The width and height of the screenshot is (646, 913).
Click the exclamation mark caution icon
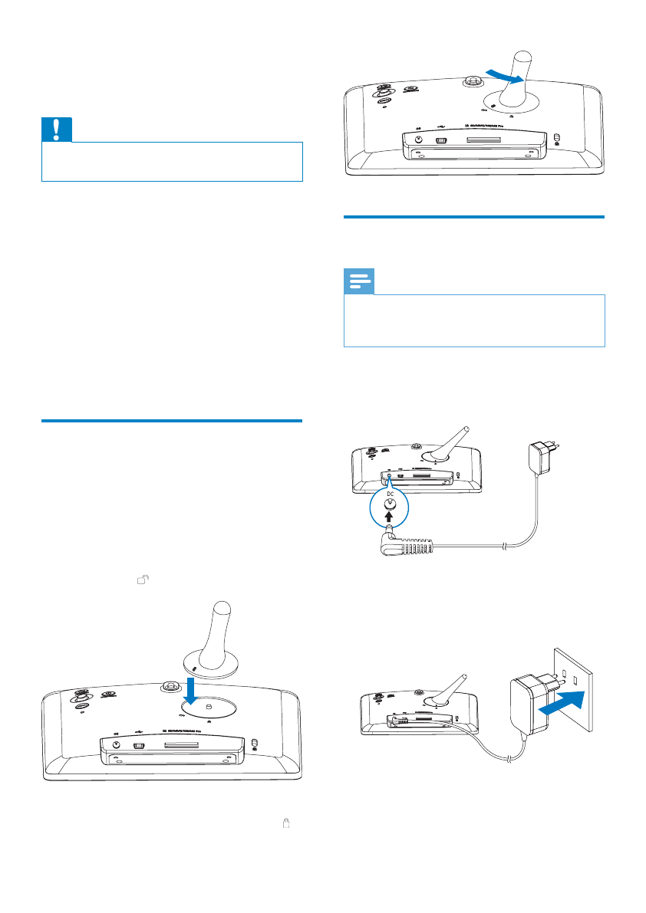click(57, 130)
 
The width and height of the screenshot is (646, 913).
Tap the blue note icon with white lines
click(359, 283)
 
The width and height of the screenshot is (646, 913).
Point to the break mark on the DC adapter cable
click(503, 546)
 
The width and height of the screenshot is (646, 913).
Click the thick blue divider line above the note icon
click(474, 218)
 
